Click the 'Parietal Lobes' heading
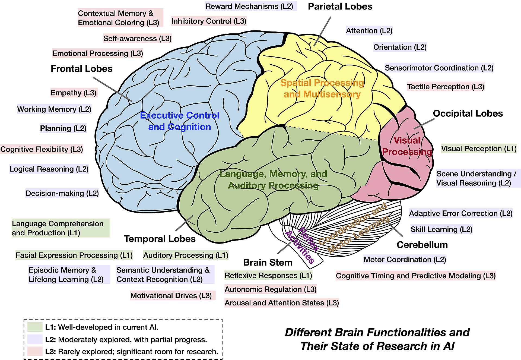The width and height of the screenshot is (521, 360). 340,7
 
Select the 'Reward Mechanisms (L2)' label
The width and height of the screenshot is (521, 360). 249,6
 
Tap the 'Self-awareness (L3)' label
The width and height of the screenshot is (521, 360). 137,39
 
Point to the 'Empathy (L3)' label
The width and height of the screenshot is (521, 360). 74,93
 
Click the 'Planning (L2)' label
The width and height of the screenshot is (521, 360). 63,128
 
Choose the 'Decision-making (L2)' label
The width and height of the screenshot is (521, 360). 62,193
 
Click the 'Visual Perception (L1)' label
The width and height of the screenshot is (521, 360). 479,149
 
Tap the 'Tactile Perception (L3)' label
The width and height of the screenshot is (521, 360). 446,87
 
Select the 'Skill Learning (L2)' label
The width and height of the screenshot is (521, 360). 441,229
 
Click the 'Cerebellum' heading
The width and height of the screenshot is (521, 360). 422,245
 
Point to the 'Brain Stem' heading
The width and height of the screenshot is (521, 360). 268,263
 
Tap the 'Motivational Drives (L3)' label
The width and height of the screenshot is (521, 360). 171,295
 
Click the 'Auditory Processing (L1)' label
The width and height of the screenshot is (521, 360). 186,255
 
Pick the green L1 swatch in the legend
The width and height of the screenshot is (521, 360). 35,327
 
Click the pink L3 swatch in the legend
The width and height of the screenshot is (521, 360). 35,351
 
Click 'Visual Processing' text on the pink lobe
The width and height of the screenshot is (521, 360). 407,146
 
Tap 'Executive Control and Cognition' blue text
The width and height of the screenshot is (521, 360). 180,121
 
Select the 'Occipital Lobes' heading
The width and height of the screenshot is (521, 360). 468,113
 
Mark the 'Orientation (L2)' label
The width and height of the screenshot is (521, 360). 400,47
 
